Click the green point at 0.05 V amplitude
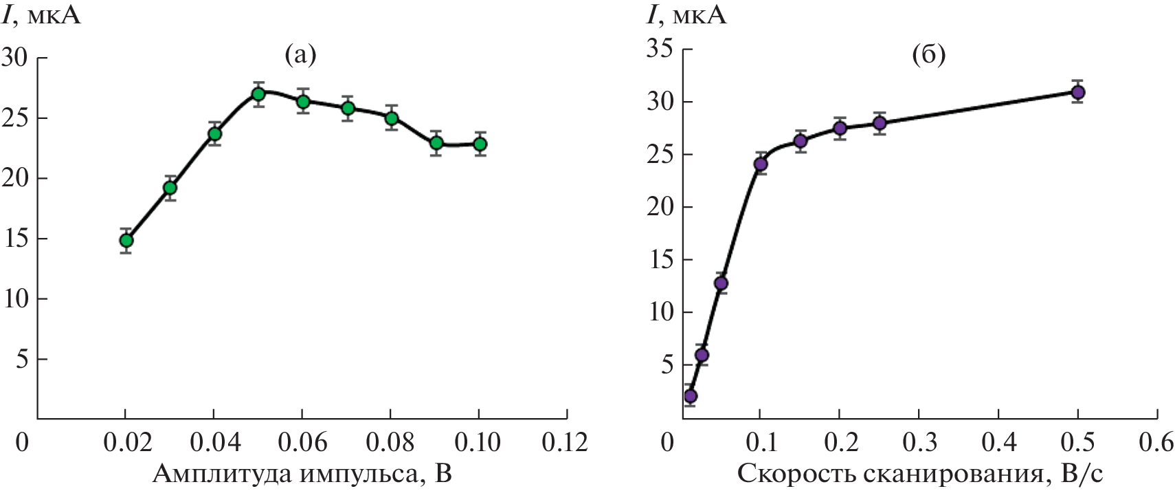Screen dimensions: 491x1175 point(258,94)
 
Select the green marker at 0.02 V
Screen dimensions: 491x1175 point(126,241)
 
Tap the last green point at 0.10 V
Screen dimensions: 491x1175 point(480,144)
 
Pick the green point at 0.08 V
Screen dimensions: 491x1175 point(392,118)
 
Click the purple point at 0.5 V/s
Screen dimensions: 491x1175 point(1078,92)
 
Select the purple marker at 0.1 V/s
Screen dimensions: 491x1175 point(761,164)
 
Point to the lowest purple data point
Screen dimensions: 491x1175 point(691,396)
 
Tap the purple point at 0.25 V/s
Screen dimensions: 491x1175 point(880,123)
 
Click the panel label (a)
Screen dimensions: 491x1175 point(300,55)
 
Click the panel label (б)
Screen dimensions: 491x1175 point(928,55)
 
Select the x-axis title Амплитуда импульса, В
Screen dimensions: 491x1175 point(302,474)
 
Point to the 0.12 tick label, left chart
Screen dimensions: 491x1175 point(565,442)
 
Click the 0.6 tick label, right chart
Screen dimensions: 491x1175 point(1156,442)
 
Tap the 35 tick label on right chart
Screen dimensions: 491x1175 point(660,50)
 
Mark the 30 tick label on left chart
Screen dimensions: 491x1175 point(14,58)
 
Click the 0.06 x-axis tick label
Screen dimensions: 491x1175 point(302,442)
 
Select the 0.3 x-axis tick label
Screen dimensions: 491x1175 point(919,442)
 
